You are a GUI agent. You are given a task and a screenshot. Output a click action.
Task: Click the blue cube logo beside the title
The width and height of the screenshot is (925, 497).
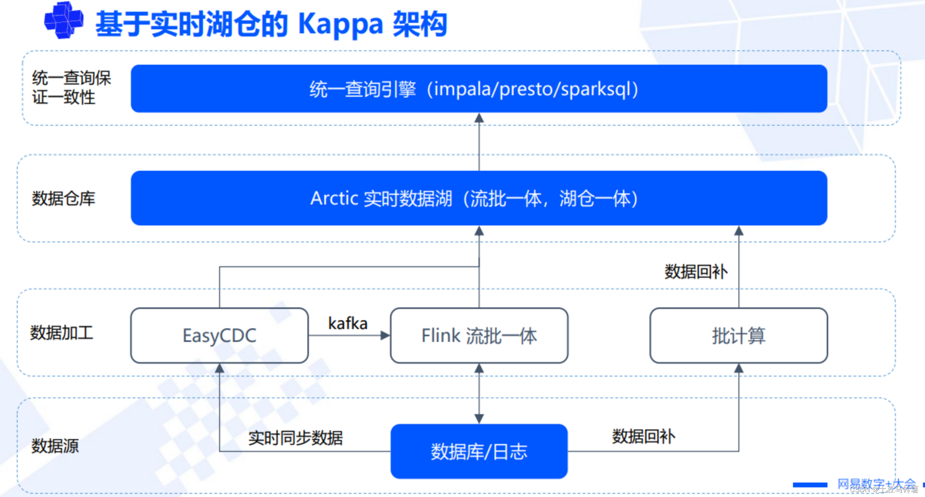click(64, 20)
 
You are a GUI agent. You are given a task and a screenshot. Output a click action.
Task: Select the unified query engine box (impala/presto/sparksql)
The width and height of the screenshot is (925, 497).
click(479, 89)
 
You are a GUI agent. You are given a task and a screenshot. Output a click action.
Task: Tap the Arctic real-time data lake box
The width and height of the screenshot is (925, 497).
click(479, 198)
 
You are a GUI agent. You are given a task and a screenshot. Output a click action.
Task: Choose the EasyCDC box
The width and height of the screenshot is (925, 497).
click(220, 335)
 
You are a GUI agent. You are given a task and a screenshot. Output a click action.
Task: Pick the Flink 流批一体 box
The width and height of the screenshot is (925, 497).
click(479, 335)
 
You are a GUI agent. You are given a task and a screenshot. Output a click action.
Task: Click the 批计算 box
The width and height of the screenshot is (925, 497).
click(738, 335)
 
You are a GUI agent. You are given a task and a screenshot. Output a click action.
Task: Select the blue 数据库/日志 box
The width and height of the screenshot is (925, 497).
click(479, 451)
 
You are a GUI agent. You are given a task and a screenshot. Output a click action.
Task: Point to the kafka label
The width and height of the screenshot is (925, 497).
click(348, 323)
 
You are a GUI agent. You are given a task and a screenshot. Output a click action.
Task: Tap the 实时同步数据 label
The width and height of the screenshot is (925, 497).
click(295, 438)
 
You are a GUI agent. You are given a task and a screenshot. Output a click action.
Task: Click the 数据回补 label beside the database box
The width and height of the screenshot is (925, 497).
click(643, 436)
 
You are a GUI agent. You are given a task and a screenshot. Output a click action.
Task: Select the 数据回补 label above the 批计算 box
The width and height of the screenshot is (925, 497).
click(696, 272)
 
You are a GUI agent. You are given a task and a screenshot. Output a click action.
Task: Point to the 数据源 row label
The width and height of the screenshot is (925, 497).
click(55, 446)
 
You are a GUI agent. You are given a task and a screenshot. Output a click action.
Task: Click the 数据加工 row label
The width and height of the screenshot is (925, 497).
click(61, 333)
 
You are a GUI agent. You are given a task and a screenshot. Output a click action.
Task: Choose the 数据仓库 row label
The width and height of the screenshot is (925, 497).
click(63, 198)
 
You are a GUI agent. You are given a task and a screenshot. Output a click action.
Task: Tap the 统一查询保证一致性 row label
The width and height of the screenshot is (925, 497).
click(71, 88)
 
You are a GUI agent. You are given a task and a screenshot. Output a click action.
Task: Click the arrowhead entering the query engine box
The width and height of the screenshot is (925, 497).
click(479, 118)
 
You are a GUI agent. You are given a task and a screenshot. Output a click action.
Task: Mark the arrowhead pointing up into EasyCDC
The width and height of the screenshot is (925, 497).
click(220, 368)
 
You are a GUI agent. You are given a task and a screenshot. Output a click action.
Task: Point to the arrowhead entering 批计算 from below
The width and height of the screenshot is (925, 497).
click(738, 368)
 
